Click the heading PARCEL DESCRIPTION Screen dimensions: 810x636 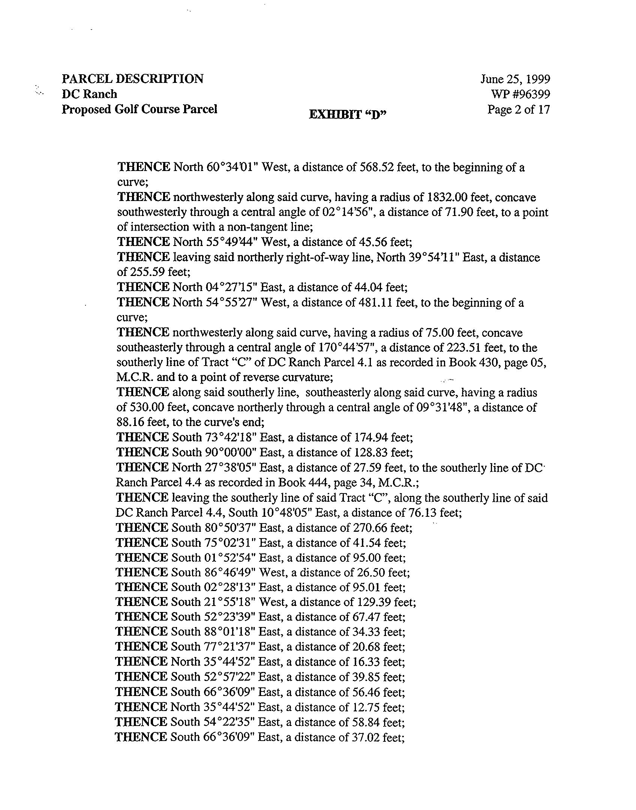(x=132, y=79)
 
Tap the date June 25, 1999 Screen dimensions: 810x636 (x=515, y=79)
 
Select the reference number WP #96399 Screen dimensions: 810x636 (x=520, y=94)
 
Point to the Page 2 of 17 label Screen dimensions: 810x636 (x=518, y=109)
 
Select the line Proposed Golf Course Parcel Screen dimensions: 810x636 (x=139, y=109)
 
